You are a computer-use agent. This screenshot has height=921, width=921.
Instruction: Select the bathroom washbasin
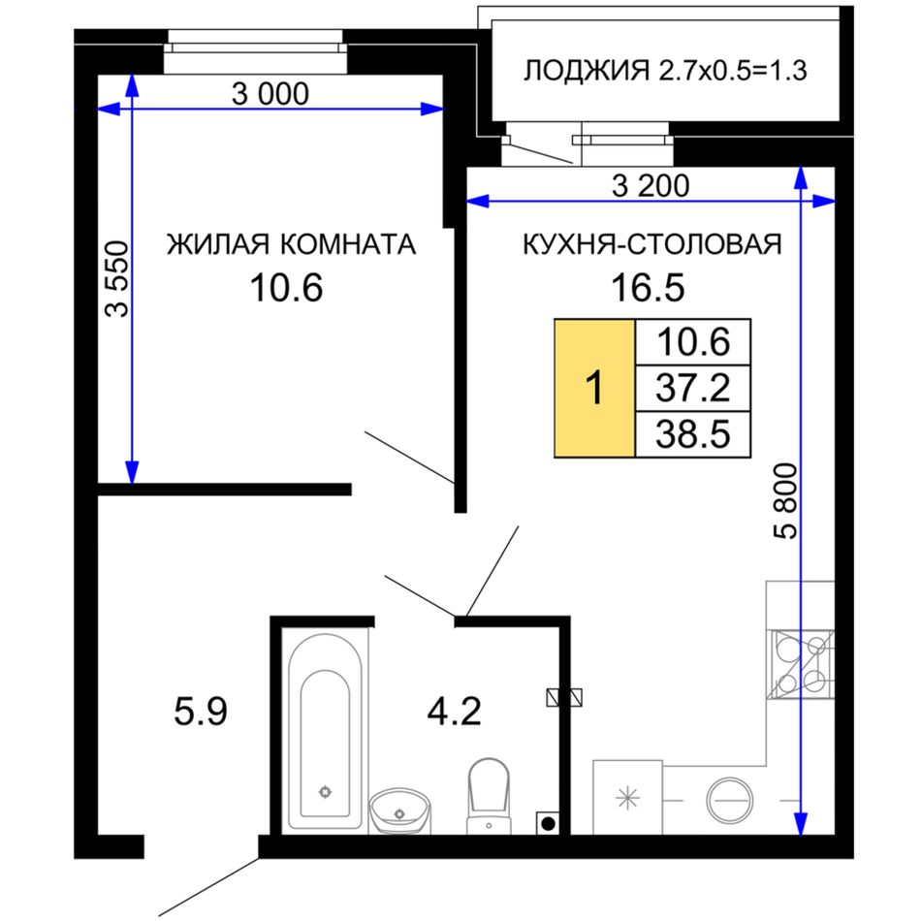tap(400, 810)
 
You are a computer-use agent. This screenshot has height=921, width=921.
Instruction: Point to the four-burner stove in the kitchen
tap(801, 664)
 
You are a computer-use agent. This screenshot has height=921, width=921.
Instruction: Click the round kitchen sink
tap(730, 800)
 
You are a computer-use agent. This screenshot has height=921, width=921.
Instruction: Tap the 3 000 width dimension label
tap(270, 94)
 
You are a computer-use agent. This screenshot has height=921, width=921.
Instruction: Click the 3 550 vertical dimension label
tap(117, 279)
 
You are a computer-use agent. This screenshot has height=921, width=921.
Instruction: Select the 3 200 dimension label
tap(651, 186)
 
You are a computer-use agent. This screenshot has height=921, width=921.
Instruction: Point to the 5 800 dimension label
tap(786, 500)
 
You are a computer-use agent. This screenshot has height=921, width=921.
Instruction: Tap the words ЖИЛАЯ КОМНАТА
tap(292, 244)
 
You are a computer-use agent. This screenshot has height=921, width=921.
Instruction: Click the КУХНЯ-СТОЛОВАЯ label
tap(652, 244)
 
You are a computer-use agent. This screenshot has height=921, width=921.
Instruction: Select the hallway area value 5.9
tap(201, 712)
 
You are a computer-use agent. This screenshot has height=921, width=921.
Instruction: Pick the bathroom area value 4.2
tap(454, 712)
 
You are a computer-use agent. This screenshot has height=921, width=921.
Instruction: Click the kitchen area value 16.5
tap(648, 288)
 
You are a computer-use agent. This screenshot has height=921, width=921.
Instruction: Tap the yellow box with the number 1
tap(595, 388)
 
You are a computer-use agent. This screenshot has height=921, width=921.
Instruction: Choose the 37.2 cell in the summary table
tap(693, 388)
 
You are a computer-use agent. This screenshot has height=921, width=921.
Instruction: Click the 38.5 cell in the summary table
tap(693, 434)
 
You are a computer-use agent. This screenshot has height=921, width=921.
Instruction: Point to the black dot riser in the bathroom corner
tap(548, 823)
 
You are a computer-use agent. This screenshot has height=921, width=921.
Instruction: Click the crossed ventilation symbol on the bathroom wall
tap(564, 697)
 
